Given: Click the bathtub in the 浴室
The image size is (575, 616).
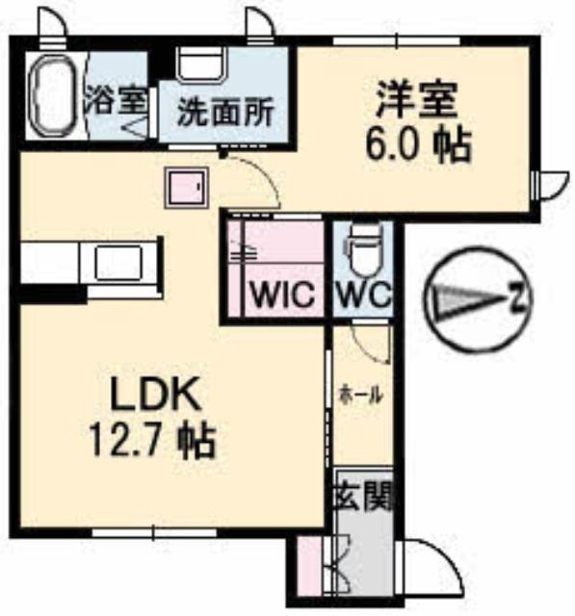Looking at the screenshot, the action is tap(54, 96).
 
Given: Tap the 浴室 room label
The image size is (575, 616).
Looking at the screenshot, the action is tap(116, 100).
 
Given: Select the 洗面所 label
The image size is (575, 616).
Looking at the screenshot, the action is tap(224, 114).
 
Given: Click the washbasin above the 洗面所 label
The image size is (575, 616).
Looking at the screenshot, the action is tap(201, 64).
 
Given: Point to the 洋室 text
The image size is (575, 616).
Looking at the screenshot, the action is tap(417, 98).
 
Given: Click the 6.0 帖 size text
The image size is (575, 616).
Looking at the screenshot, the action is tap(418, 145).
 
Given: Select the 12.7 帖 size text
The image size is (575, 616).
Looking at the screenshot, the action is tap(153, 440).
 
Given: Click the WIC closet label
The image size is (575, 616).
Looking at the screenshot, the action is tap(283, 295).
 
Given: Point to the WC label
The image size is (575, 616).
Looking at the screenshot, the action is tap(363, 295).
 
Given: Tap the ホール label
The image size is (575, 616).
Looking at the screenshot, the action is tap(361, 395).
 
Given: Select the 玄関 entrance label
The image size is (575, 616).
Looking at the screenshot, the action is tap(363, 497).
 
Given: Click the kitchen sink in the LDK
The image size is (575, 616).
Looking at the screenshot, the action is tap(118, 263).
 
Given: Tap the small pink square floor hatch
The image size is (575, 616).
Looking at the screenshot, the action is tap(187, 188).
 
